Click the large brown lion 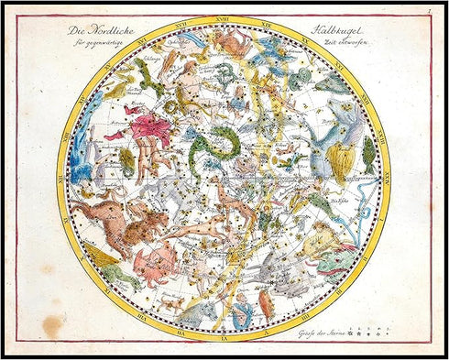click(x=137, y=224)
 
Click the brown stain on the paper click(x=53, y=323)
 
